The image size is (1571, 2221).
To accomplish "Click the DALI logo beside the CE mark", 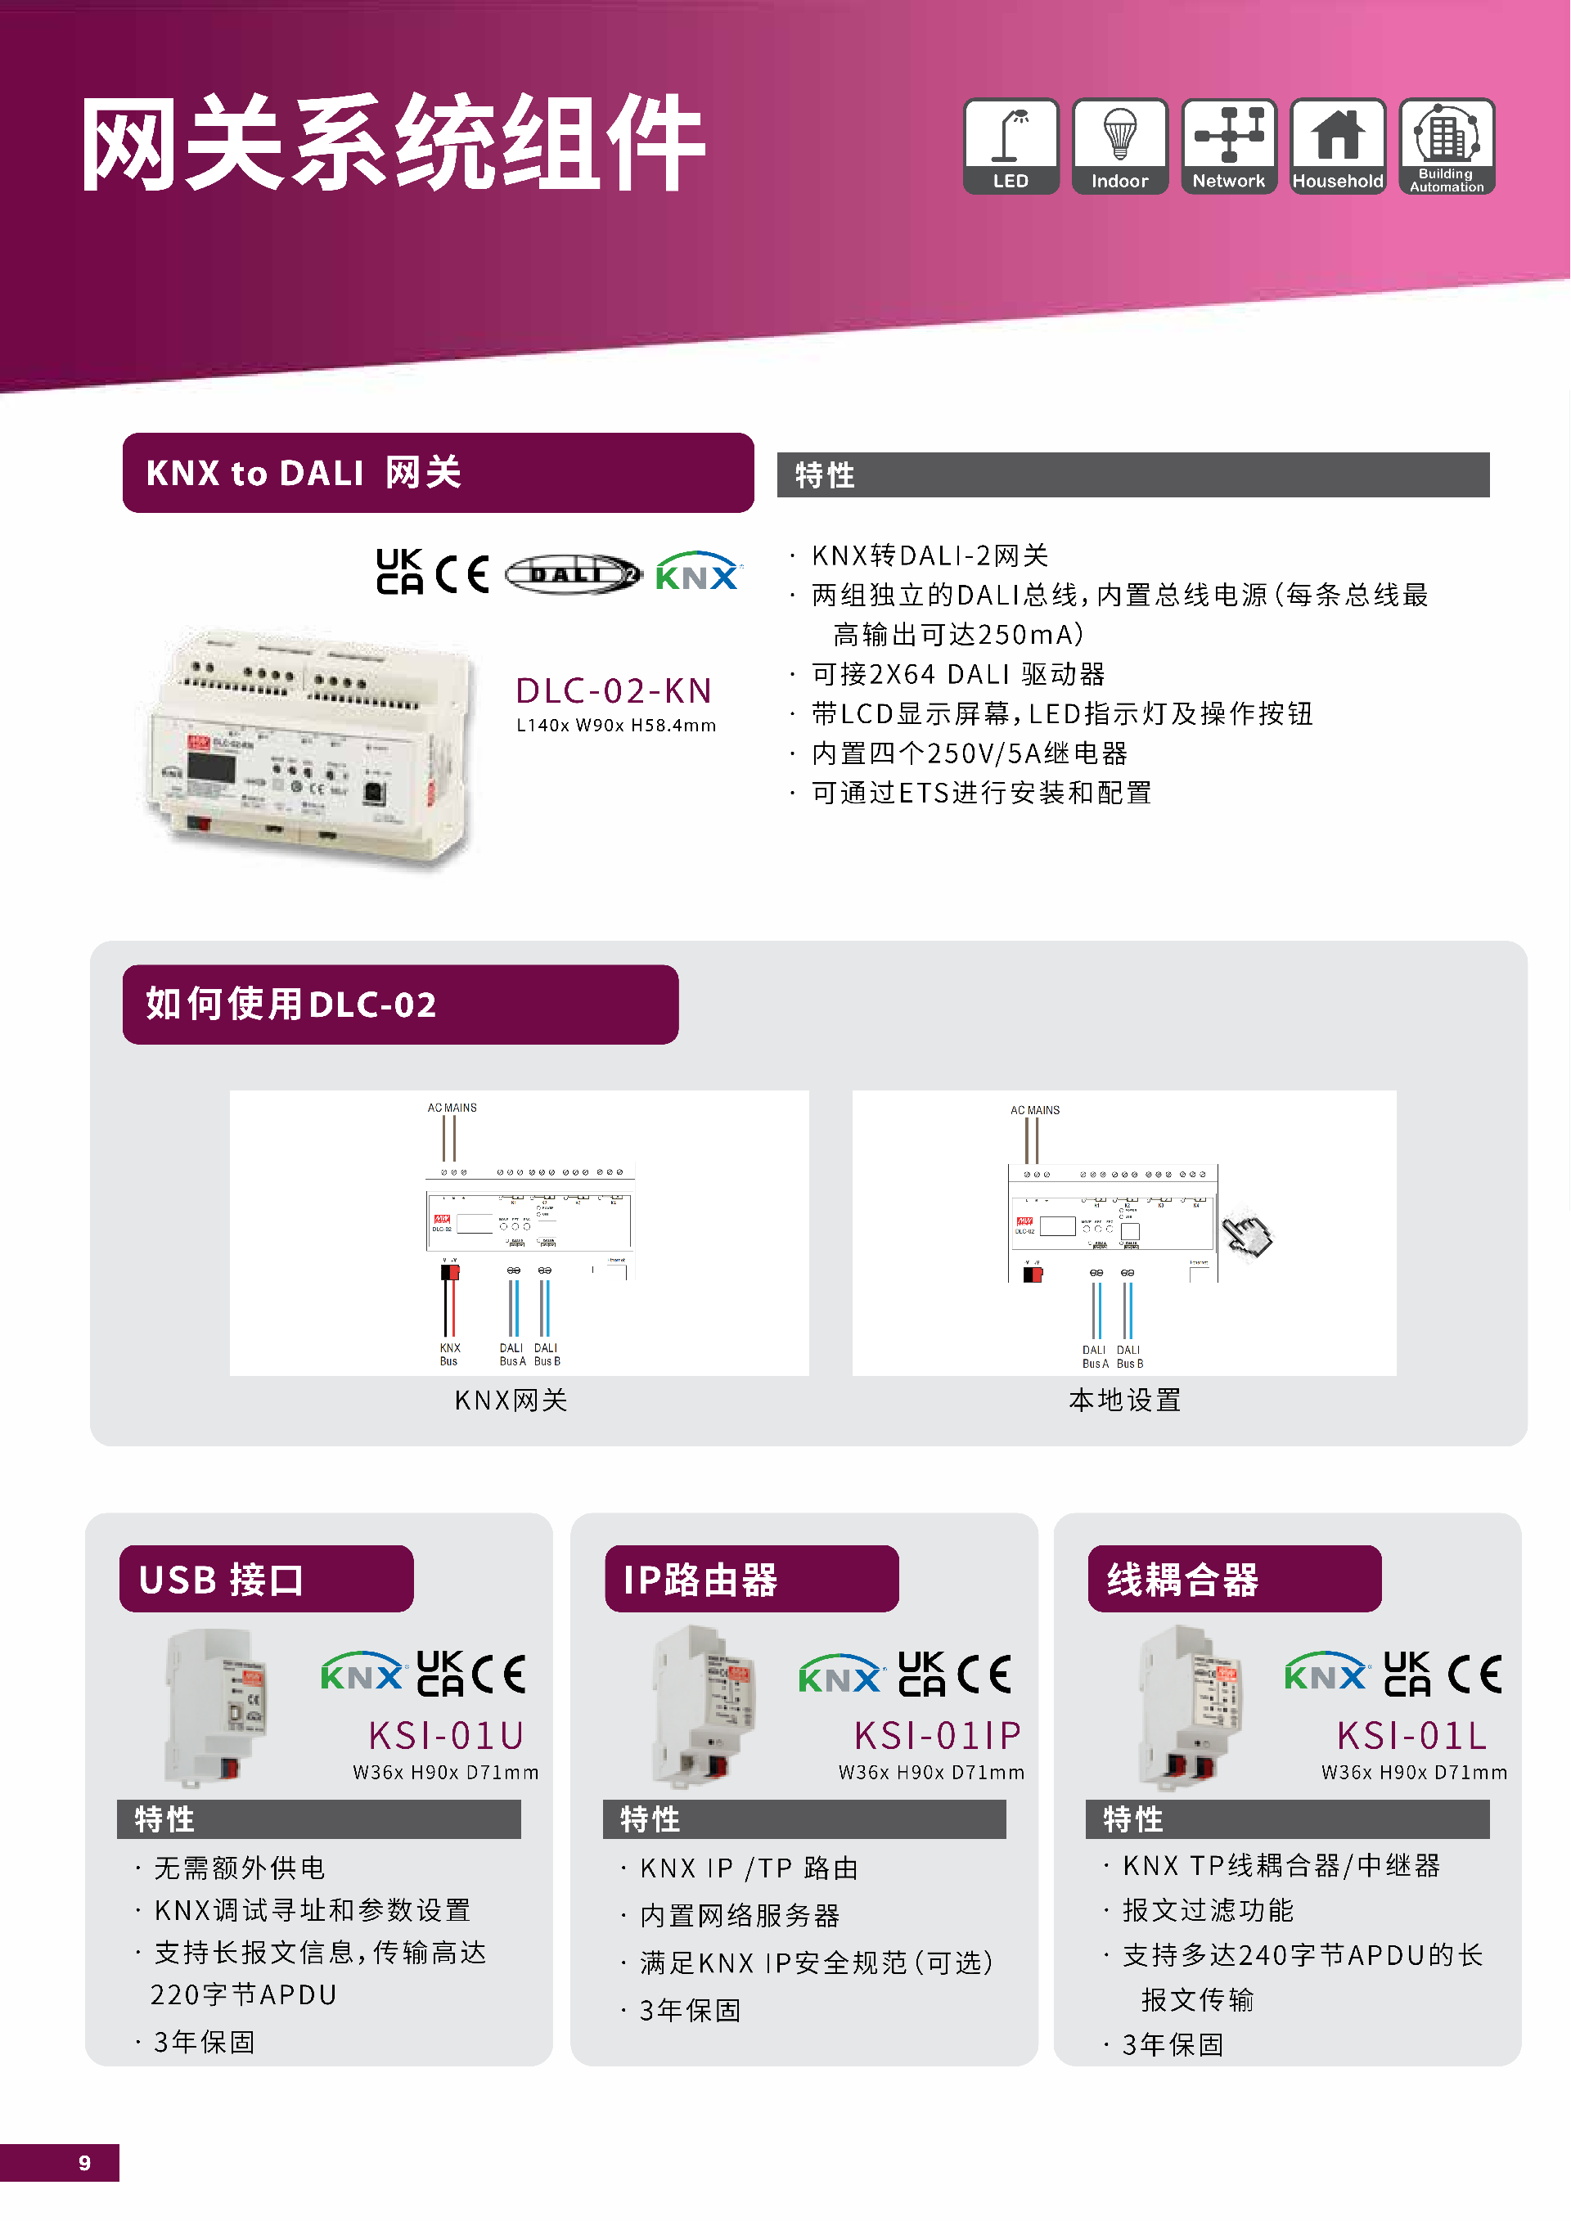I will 573,574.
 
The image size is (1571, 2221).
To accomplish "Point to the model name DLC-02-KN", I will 614,690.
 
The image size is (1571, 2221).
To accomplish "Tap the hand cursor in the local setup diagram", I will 1247,1235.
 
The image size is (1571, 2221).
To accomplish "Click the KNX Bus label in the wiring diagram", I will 450,1353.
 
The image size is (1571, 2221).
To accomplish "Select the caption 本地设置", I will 1124,1400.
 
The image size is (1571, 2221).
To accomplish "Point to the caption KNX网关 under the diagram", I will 511,1400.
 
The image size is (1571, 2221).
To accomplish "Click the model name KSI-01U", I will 446,1735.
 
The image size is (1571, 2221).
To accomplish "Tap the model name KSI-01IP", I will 936,1735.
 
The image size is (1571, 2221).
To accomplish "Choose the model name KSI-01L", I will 1411,1735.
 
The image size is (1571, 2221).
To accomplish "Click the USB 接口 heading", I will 222,1580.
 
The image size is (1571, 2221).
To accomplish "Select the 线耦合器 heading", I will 1182,1580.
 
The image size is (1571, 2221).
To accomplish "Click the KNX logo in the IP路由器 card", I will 840,1675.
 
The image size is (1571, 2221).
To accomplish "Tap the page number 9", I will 85,2163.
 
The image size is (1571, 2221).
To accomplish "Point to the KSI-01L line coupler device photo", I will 1190,1706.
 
